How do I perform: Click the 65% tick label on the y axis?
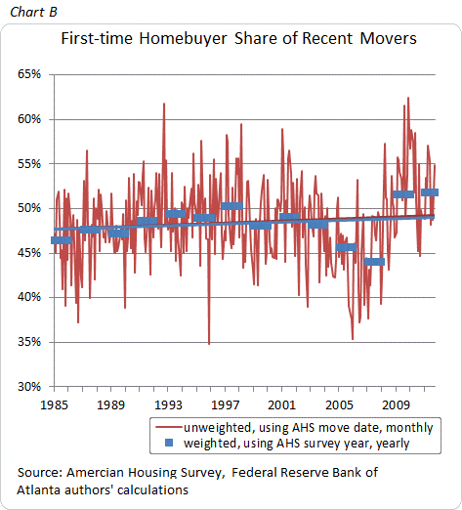click(x=29, y=74)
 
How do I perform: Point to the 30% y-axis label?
click(x=29, y=387)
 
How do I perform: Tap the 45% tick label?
click(x=29, y=253)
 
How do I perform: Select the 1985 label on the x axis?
click(x=54, y=405)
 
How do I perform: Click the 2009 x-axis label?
click(x=396, y=405)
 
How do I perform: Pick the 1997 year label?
click(x=225, y=405)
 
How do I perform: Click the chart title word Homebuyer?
click(x=183, y=39)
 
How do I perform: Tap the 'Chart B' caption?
click(x=33, y=12)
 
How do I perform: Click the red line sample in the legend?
click(x=168, y=427)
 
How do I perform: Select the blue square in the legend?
click(x=169, y=443)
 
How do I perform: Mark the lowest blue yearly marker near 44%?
click(x=374, y=262)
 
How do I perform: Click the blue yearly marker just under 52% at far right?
click(x=430, y=192)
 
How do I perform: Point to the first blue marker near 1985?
click(x=62, y=240)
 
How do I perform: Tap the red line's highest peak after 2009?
click(x=408, y=98)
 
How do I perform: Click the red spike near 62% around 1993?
click(x=164, y=104)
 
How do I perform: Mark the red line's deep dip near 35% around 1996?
click(x=209, y=344)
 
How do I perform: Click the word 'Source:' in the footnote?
click(x=40, y=472)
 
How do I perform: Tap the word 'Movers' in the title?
click(x=388, y=39)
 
